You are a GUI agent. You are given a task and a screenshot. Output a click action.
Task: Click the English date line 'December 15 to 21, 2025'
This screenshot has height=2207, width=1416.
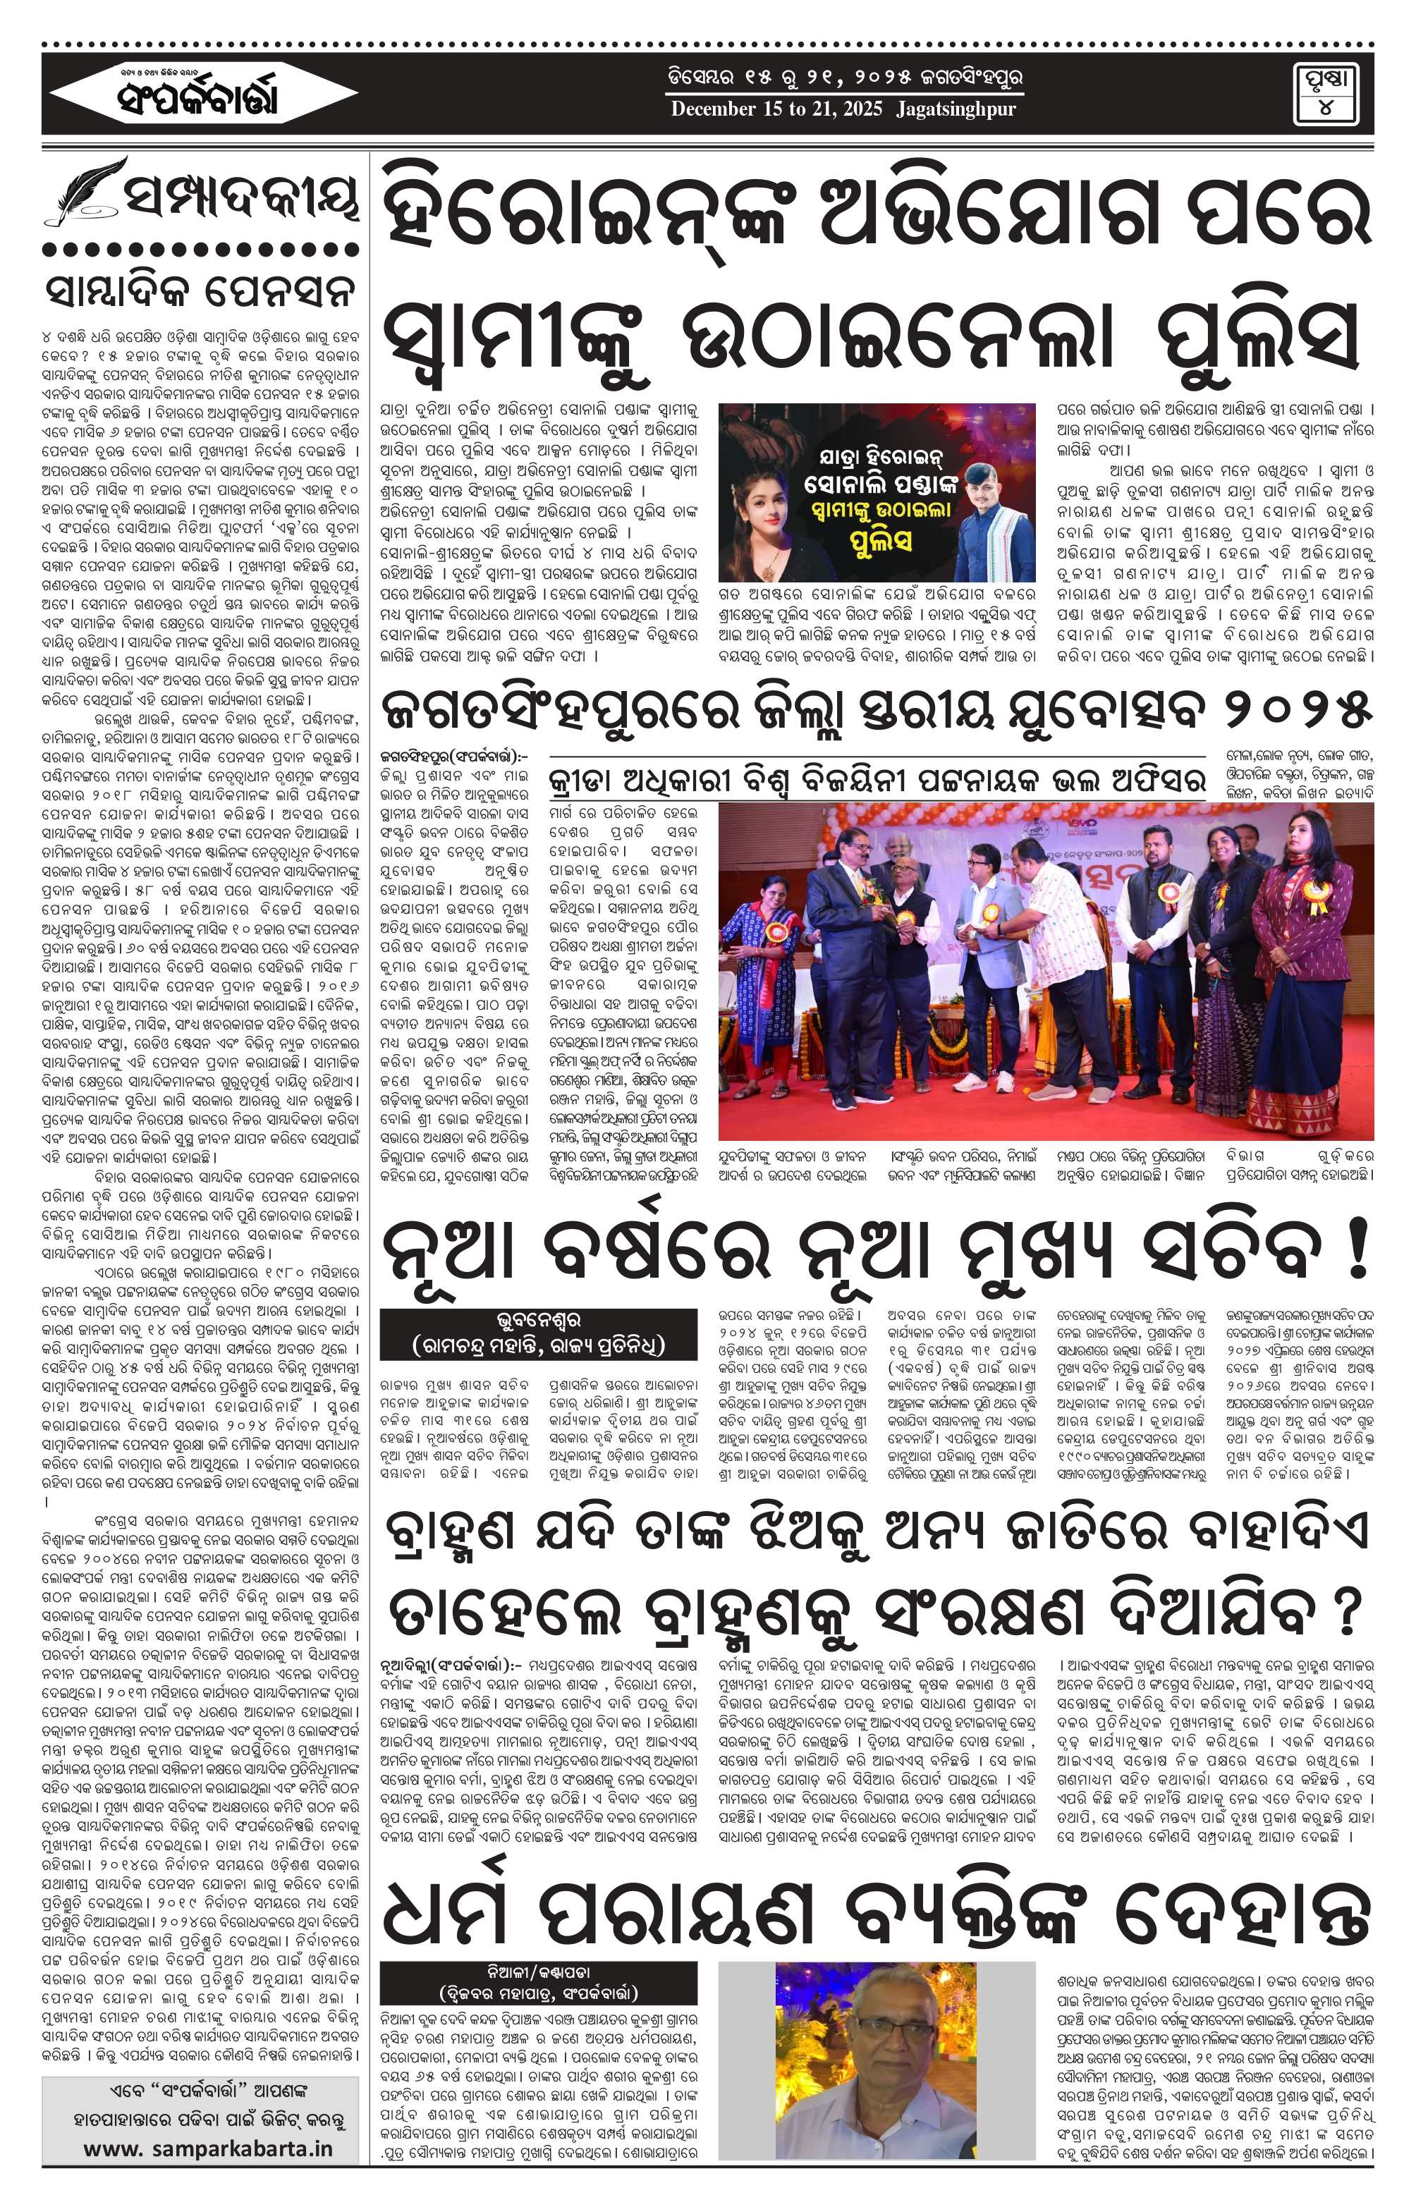pos(843,109)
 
